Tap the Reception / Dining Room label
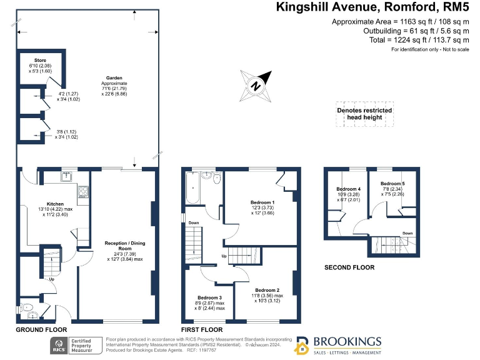tap(124, 241)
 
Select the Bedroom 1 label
tap(262, 203)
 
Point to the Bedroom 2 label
tap(267, 290)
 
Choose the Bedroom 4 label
tap(348, 189)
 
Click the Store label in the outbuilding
tap(40, 61)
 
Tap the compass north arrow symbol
tap(256, 86)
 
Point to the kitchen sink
tap(66, 177)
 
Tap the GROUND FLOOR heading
tap(41, 329)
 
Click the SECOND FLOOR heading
tap(349, 267)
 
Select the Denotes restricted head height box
tap(364, 114)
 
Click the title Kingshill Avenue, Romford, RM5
tap(372, 8)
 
